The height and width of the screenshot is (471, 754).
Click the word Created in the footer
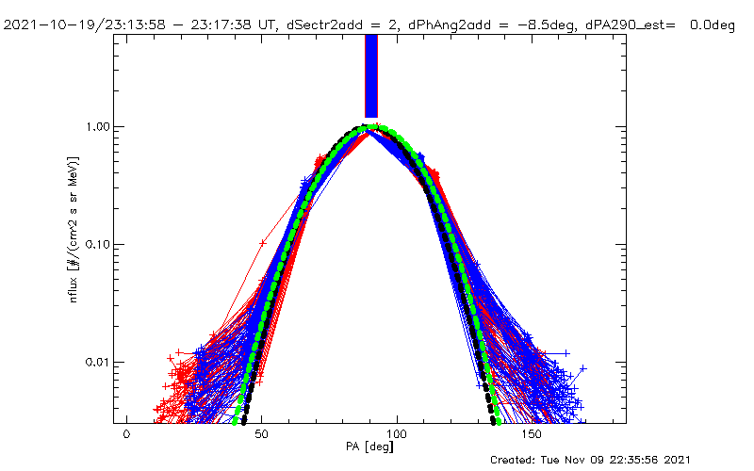(x=515, y=460)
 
